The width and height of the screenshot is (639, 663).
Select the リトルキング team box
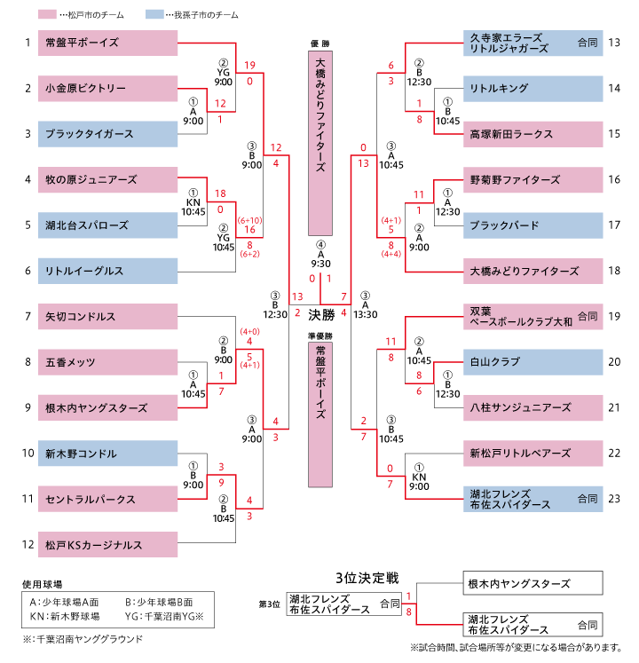coord(532,88)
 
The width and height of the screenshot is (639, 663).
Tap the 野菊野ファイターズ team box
coord(532,179)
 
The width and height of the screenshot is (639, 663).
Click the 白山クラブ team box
coord(532,362)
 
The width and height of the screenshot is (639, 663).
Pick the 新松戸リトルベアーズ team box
coord(532,453)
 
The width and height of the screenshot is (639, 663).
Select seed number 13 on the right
coord(614,42)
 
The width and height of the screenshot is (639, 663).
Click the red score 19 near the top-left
coord(250,65)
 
